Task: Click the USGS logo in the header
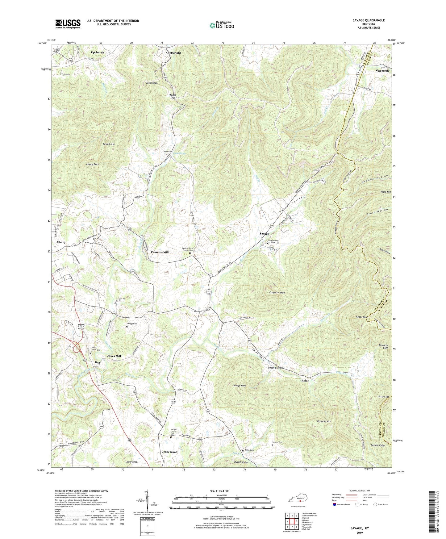68,24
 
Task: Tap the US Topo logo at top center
221,25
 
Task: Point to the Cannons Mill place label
160,252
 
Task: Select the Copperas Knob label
277,292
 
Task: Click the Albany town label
61,242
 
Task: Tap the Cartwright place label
173,53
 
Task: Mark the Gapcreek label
382,71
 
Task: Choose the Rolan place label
305,381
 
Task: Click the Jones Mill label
114,356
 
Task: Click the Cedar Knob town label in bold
169,452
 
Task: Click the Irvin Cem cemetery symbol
204,311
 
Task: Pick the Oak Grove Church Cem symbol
267,243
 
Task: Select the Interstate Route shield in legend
335,505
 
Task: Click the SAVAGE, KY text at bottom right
360,528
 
